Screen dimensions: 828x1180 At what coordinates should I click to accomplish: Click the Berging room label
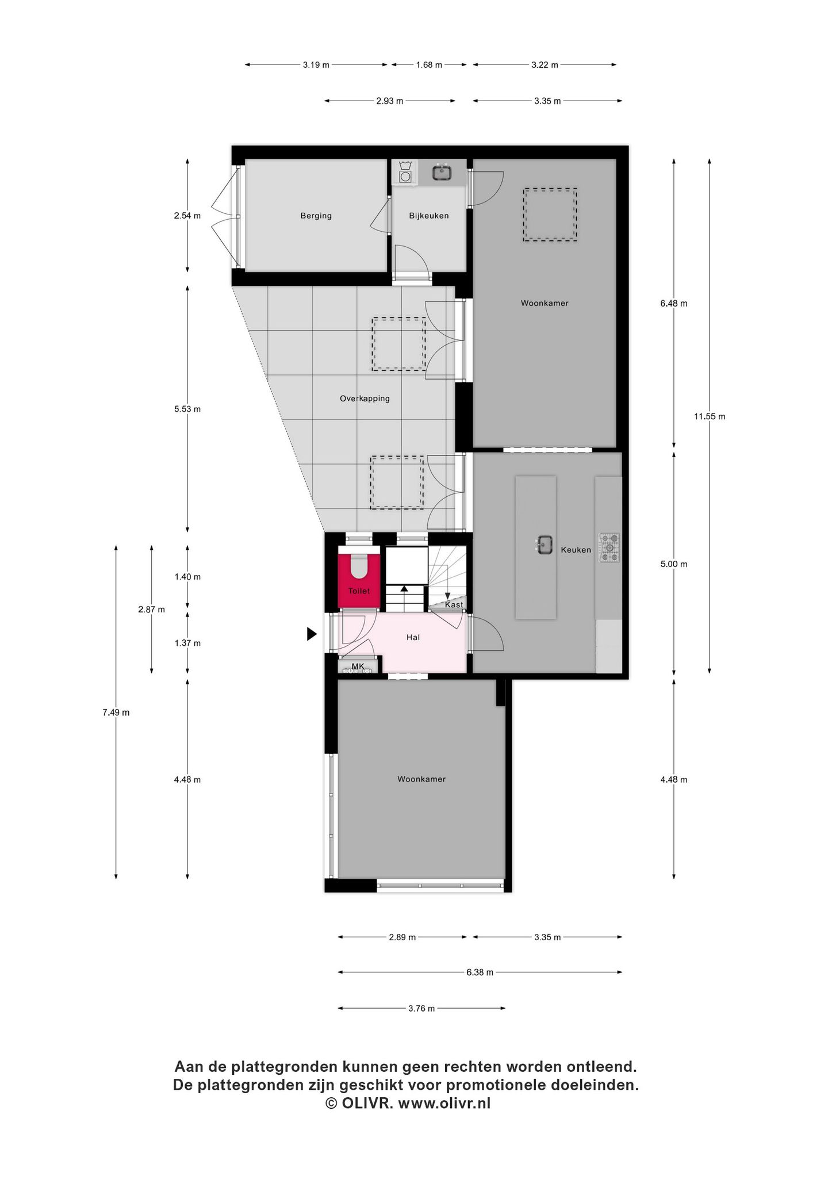[x=316, y=216]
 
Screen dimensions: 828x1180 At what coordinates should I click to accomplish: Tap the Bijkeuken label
[x=429, y=216]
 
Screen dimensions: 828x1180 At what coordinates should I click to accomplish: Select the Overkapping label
[x=365, y=399]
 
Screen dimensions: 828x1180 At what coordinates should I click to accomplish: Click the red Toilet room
[x=359, y=580]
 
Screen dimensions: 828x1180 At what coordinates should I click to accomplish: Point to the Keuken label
[x=576, y=550]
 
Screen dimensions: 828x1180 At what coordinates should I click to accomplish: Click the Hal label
[x=413, y=637]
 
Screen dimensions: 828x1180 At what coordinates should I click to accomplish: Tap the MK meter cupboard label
[x=358, y=666]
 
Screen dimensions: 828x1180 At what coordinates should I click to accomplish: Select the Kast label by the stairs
[x=454, y=605]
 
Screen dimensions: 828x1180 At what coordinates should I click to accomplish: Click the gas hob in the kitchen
[x=610, y=547]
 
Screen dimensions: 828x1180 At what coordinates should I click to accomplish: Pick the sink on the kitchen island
[x=544, y=544]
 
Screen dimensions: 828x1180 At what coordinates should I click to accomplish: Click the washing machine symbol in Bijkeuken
[x=406, y=172]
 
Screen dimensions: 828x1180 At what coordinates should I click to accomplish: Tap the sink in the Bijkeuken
[x=442, y=172]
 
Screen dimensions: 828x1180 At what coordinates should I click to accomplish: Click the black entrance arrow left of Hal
[x=312, y=634]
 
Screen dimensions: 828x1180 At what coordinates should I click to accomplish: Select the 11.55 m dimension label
[x=709, y=417]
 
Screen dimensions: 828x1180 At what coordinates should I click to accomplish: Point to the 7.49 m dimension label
[x=116, y=712]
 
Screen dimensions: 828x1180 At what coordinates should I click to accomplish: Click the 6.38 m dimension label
[x=480, y=972]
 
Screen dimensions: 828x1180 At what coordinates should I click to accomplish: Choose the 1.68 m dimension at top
[x=429, y=65]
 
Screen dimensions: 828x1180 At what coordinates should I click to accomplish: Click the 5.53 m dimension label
[x=187, y=409]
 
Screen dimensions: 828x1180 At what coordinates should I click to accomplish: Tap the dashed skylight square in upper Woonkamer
[x=550, y=214]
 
